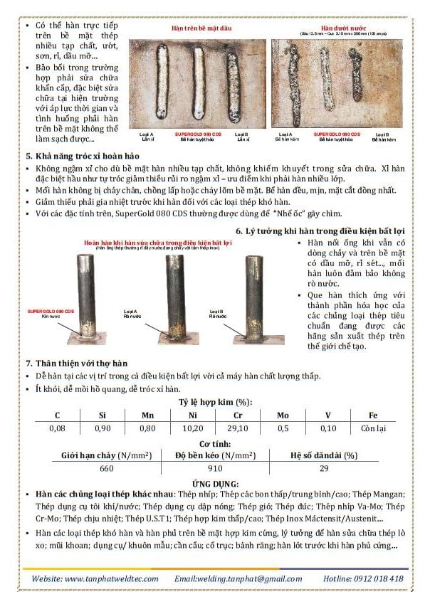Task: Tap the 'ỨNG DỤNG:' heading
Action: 214,484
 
